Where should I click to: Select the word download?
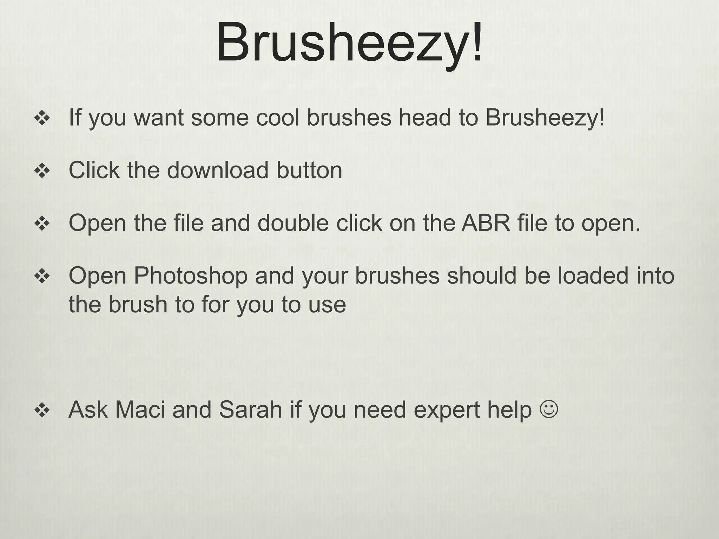tap(218, 170)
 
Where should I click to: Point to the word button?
tap(309, 170)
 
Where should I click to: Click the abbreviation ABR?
tap(486, 223)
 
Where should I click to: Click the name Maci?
tap(140, 410)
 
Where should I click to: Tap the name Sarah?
tap(251, 410)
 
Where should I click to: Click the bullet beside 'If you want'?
tap(42, 119)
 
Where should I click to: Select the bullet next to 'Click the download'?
tap(42, 171)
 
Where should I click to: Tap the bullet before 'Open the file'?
tap(42, 224)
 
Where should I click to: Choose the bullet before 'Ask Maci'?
tap(42, 411)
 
